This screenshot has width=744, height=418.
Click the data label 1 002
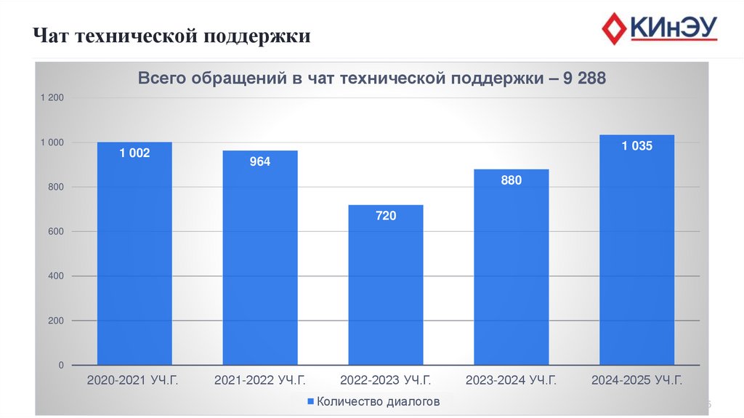[x=134, y=153]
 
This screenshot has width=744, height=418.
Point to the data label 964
[x=260, y=161]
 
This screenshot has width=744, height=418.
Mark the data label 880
[x=511, y=180]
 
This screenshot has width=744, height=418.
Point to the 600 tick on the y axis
[x=57, y=232]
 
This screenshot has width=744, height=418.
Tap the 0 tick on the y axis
[x=62, y=365]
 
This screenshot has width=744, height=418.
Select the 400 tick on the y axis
[x=57, y=276]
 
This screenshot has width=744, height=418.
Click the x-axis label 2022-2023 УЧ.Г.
[x=386, y=380]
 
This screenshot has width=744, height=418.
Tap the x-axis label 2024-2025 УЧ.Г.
[x=637, y=380]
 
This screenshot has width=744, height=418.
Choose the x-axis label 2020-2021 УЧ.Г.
[x=134, y=380]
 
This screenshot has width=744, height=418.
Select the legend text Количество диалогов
[x=378, y=401]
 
